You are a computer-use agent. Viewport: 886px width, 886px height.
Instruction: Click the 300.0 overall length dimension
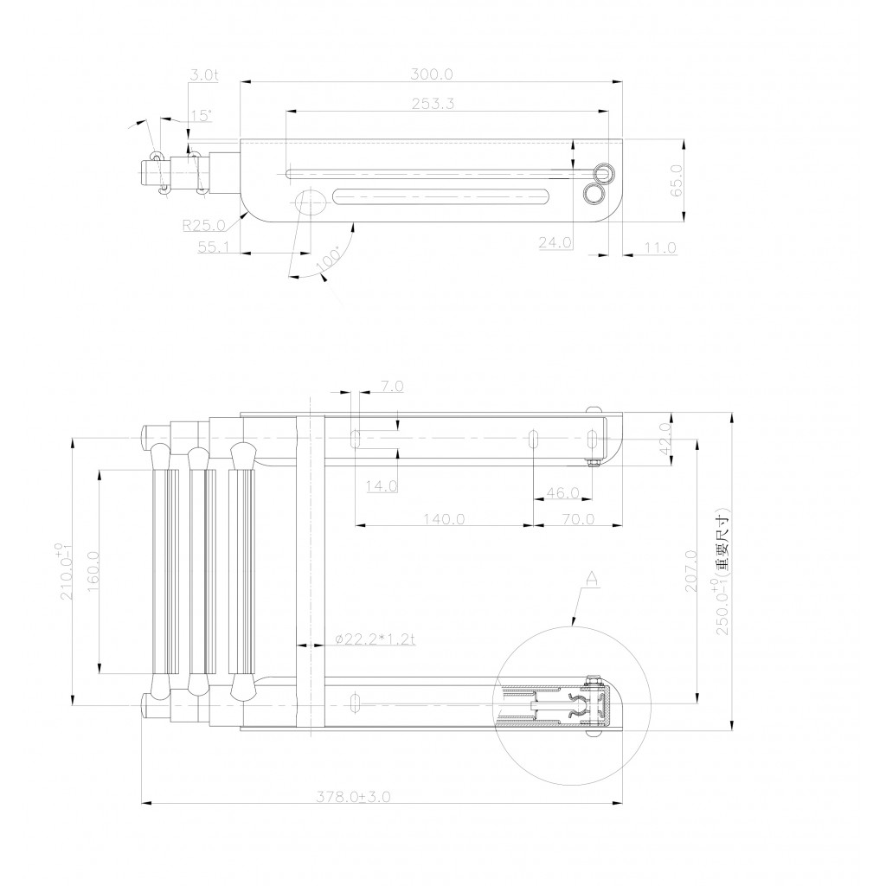point(431,74)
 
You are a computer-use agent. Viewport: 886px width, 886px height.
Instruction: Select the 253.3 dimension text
point(433,104)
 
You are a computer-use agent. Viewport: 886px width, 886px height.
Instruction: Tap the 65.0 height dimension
point(677,180)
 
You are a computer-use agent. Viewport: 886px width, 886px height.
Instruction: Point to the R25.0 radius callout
point(204,226)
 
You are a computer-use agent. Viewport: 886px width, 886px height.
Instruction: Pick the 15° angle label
point(201,115)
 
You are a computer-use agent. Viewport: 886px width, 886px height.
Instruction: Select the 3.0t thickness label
point(203,74)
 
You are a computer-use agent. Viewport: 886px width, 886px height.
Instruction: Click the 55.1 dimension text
point(213,247)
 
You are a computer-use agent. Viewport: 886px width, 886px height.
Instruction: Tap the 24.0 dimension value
point(555,242)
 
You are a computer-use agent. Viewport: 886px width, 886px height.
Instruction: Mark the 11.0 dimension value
point(660,247)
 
